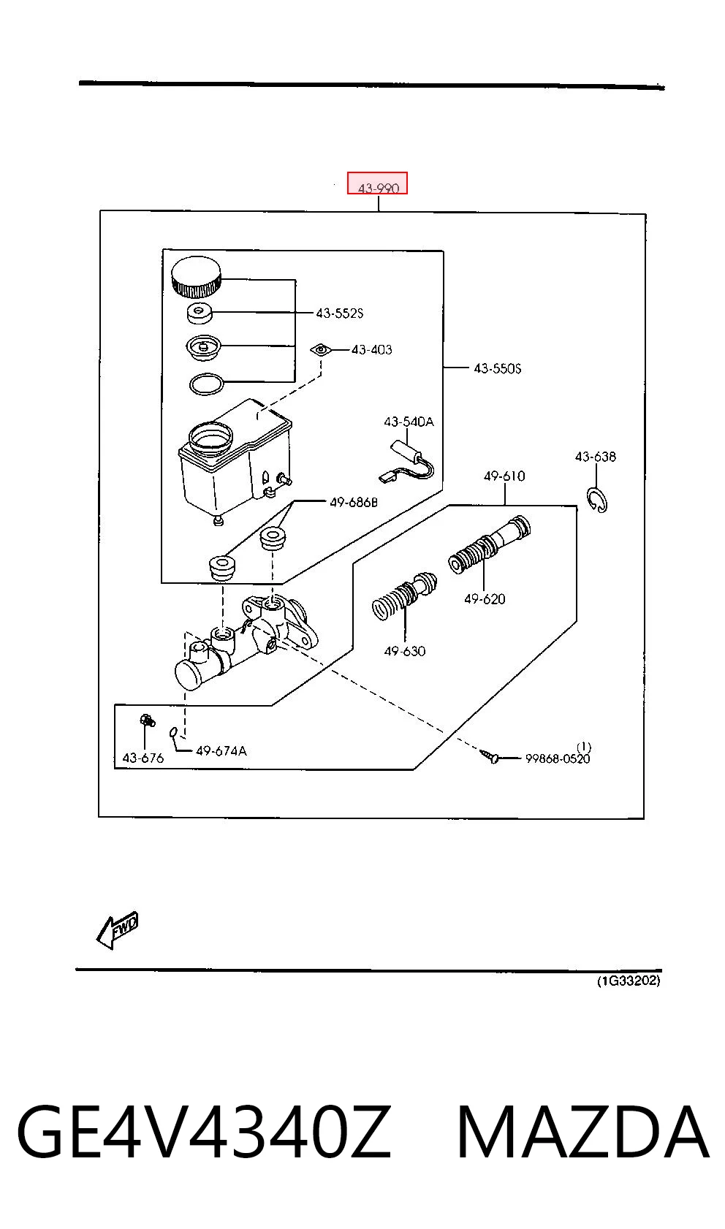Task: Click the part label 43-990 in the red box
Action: click(x=378, y=189)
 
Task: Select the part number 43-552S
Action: click(x=340, y=313)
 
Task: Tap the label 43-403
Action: click(x=371, y=349)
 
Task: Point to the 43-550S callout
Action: click(x=497, y=368)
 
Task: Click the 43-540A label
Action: click(x=409, y=422)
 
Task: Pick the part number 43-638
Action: click(x=596, y=457)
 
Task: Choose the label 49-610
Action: click(x=504, y=476)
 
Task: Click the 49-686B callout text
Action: click(x=354, y=502)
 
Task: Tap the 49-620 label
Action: click(x=485, y=599)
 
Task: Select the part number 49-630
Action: click(x=404, y=651)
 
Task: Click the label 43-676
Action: click(x=143, y=758)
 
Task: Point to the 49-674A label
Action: click(x=221, y=750)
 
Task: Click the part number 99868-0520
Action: click(x=558, y=758)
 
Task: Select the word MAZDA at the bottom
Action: click(x=583, y=1132)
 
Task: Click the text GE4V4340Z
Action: click(x=204, y=1132)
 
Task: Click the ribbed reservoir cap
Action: click(x=196, y=276)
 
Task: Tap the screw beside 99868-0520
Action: click(x=489, y=756)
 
